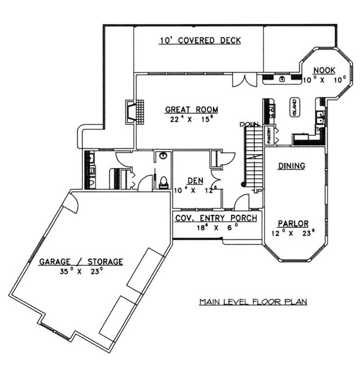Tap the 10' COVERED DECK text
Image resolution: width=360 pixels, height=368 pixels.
[200, 40]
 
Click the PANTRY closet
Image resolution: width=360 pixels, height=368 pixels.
[269, 135]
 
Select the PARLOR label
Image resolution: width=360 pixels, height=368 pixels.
[293, 223]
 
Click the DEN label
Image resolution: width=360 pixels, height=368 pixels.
[195, 180]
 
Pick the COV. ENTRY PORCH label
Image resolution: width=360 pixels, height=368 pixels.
[216, 218]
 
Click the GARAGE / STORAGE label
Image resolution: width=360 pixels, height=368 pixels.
[81, 261]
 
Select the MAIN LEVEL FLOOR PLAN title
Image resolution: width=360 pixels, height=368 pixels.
[253, 301]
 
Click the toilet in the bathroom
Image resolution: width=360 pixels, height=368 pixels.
[164, 182]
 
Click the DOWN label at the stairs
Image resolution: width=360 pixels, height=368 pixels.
[248, 124]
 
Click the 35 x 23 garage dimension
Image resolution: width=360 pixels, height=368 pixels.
[81, 271]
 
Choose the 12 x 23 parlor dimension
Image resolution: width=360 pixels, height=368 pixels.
[293, 233]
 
